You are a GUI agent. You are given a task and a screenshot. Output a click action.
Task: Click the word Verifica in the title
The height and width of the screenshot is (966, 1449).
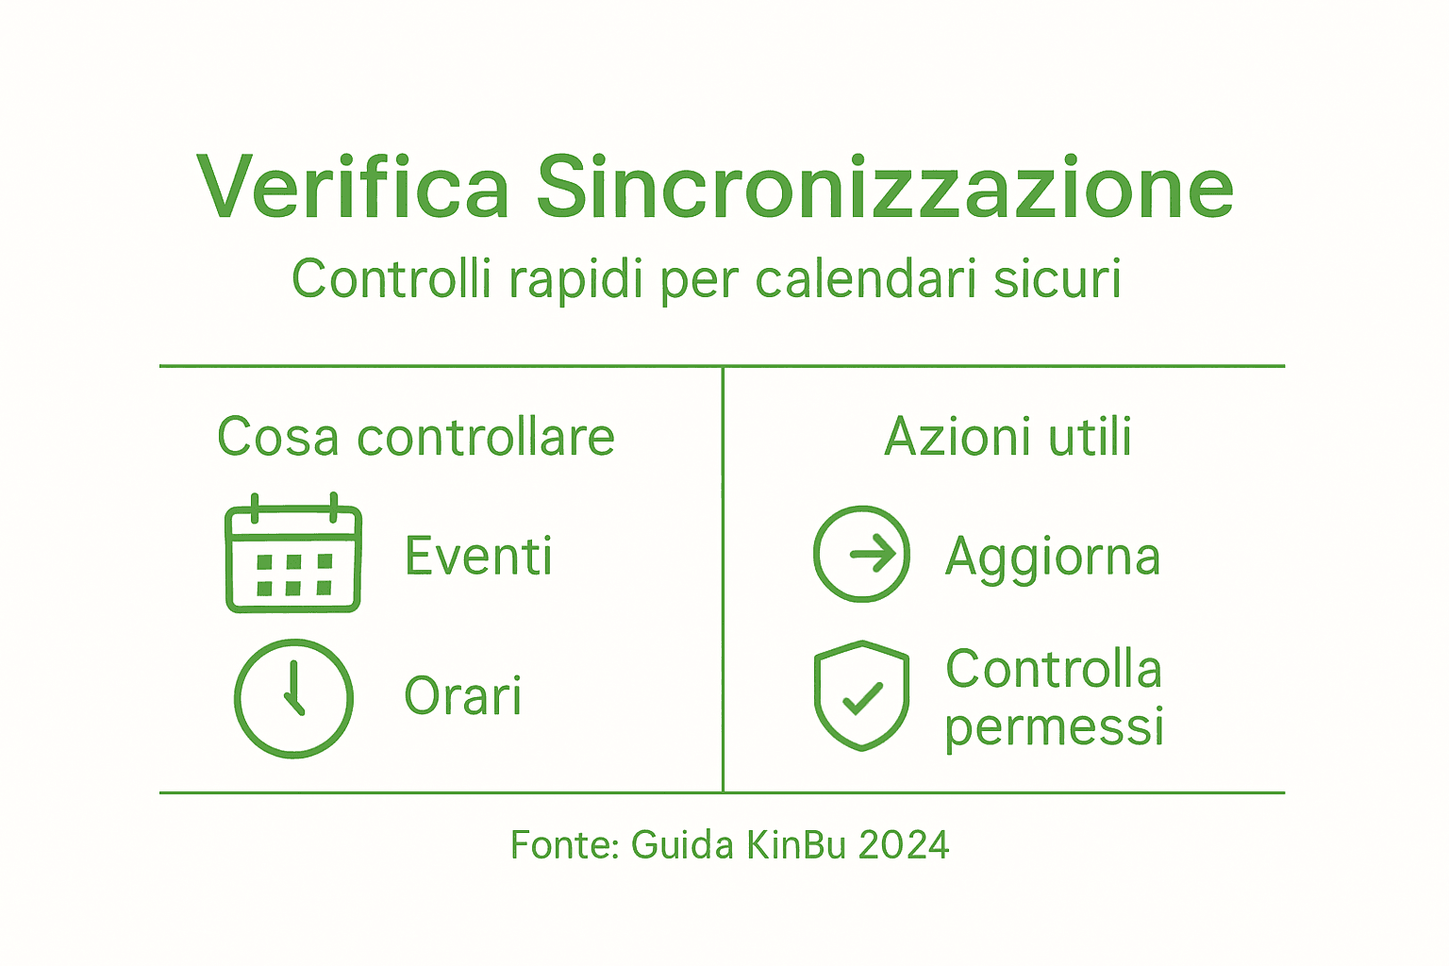pyautogui.click(x=353, y=187)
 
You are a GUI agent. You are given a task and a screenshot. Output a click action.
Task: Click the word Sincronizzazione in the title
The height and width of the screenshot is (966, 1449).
pyautogui.click(x=885, y=187)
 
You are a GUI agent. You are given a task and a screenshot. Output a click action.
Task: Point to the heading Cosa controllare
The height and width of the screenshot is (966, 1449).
pyautogui.click(x=416, y=437)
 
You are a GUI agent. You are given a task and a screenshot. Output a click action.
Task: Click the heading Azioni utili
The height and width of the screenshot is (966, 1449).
pyautogui.click(x=1008, y=437)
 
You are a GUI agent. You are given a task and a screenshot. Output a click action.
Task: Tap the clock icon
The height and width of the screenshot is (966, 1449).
pyautogui.click(x=293, y=698)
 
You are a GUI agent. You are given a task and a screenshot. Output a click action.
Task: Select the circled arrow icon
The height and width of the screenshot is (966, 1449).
pyautogui.click(x=861, y=554)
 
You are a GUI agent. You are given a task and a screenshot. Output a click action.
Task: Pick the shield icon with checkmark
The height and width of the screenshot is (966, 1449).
pyautogui.click(x=861, y=696)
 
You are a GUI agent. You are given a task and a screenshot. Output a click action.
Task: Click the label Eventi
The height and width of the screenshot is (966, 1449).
pyautogui.click(x=478, y=556)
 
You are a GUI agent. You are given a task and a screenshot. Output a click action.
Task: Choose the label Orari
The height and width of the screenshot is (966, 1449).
pyautogui.click(x=462, y=696)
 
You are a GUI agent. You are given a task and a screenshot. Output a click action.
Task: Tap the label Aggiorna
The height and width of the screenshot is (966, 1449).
pyautogui.click(x=1053, y=558)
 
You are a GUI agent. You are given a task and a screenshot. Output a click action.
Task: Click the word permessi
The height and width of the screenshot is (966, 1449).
pyautogui.click(x=1054, y=727)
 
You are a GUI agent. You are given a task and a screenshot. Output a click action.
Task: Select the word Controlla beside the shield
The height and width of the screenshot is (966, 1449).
pyautogui.click(x=1054, y=670)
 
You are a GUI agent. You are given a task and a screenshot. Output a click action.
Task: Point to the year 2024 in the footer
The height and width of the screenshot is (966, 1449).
pyautogui.click(x=904, y=845)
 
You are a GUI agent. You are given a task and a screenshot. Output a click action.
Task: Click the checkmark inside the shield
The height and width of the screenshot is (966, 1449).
pyautogui.click(x=861, y=699)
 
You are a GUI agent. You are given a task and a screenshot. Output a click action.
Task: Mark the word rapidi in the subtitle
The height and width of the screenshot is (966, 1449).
pyautogui.click(x=576, y=279)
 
